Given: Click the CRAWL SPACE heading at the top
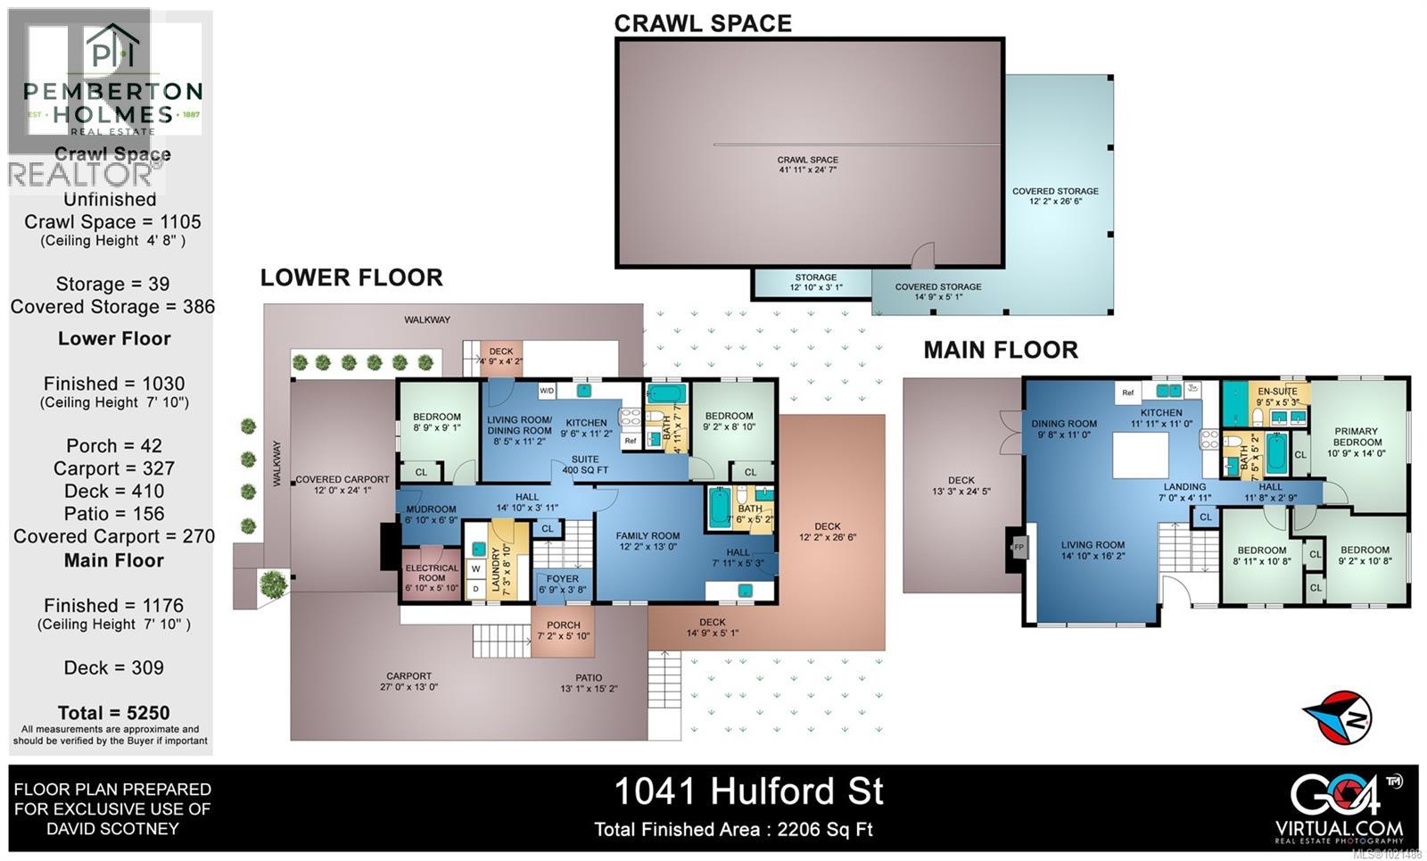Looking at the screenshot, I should pyautogui.click(x=703, y=23).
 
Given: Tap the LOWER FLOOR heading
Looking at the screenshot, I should pyautogui.click(x=351, y=277).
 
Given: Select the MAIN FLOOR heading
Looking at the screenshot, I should pyautogui.click(x=1001, y=350).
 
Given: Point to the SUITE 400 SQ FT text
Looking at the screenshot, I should pyautogui.click(x=585, y=465).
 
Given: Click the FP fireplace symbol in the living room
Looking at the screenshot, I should pyautogui.click(x=1019, y=546).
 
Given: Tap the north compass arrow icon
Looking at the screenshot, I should pyautogui.click(x=1336, y=716).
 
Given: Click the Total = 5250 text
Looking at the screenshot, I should pyautogui.click(x=113, y=713).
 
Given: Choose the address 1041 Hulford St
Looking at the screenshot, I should pyautogui.click(x=749, y=791).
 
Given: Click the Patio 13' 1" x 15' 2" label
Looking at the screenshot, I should pyautogui.click(x=589, y=683).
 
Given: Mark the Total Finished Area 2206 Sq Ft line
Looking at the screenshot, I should pyautogui.click(x=733, y=830).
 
